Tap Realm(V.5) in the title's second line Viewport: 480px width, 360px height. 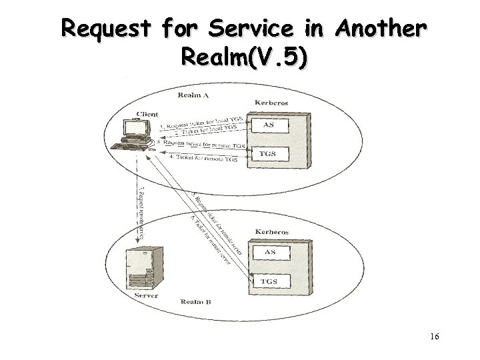[x=244, y=60]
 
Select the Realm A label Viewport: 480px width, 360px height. [x=193, y=96]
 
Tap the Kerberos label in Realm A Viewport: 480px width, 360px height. [x=272, y=103]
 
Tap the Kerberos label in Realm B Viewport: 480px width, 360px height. [x=272, y=232]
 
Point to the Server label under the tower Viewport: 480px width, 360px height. [x=145, y=294]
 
